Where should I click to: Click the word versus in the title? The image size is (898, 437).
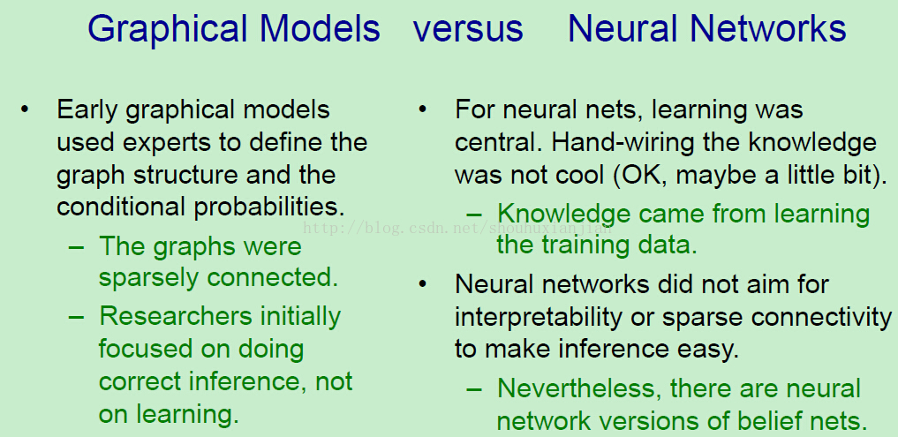coord(468,28)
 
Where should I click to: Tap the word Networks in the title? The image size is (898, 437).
coord(767,28)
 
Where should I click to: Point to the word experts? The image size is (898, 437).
coord(165,143)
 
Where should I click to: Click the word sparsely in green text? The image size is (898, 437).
coord(148,278)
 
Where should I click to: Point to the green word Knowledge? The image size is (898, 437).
coord(556,215)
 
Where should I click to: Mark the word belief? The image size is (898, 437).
coord(766,421)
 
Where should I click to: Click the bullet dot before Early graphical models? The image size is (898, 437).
coord(24,109)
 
